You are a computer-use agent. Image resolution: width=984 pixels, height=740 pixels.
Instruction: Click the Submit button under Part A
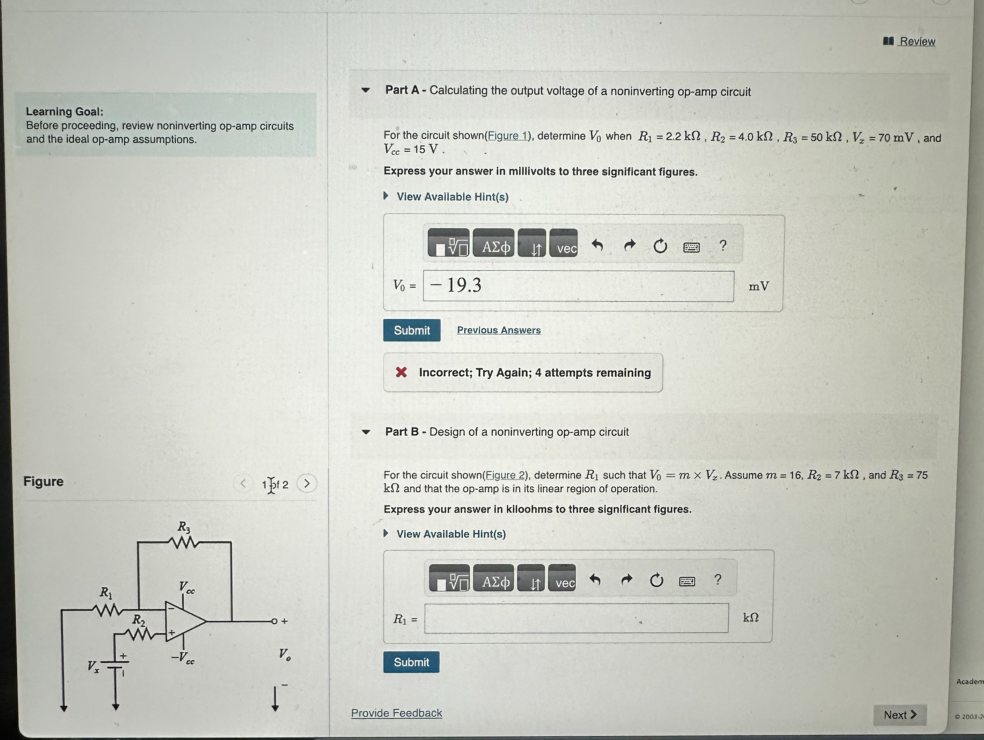coord(412,330)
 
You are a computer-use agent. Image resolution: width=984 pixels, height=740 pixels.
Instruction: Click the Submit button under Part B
coord(411,662)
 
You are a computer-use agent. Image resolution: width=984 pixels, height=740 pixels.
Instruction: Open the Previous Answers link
coord(499,330)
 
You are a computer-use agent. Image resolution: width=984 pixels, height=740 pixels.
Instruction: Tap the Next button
coord(899,715)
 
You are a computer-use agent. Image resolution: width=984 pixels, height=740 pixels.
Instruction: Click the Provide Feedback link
coord(396,713)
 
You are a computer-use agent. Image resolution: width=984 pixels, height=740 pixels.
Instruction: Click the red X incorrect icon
coord(401,372)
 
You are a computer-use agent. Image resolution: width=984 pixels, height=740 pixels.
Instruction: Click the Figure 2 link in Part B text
coord(505,475)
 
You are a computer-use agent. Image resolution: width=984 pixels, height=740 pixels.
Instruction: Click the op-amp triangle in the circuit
coord(183,621)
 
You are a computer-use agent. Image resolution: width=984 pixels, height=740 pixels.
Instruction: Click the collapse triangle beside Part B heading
coord(366,432)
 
